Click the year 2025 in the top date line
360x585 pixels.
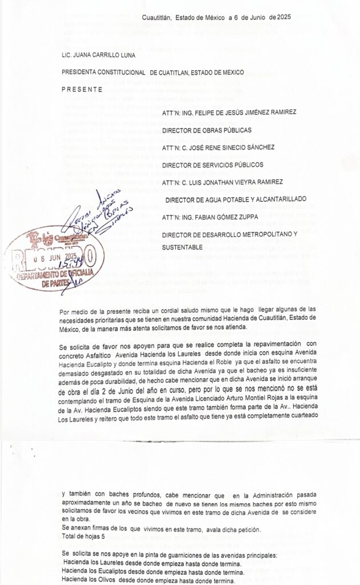282,18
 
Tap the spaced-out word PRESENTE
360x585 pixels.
81,89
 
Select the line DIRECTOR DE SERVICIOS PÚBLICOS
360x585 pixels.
213,165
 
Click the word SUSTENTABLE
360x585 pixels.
183,247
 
